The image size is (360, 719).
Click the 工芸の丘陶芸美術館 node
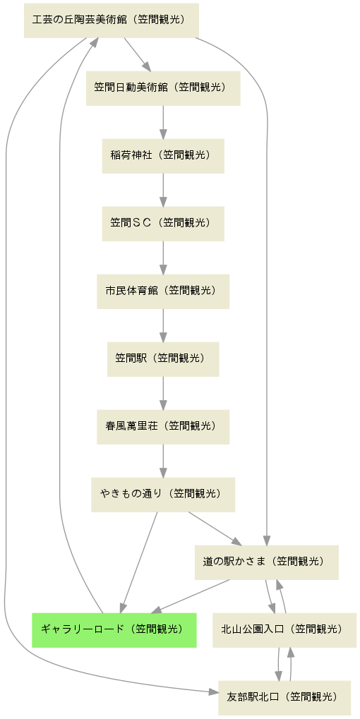pos(112,20)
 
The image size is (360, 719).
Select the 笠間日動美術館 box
pos(163,88)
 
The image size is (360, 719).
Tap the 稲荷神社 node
pos(163,156)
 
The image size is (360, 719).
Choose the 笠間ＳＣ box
pos(163,224)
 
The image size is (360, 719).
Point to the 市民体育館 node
pos(163,291)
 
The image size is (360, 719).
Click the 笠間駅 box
pos(163,359)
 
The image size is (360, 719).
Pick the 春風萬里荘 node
pos(163,427)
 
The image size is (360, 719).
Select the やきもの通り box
pos(163,495)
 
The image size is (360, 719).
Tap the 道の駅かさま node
pos(267,562)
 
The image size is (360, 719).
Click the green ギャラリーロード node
pos(114,630)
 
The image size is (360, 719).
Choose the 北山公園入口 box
pos(284,630)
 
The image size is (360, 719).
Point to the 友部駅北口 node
pos(284,698)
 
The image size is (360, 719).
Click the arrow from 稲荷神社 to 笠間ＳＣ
pos(163,190)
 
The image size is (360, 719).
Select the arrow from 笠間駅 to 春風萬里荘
pos(163,393)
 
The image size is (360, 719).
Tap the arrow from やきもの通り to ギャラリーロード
pos(139,562)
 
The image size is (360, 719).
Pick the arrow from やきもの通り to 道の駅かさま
pos(215,528)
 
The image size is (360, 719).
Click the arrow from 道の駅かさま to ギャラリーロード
pos(191,596)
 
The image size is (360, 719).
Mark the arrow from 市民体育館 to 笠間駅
pos(163,325)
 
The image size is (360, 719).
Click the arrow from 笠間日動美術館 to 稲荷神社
pos(163,122)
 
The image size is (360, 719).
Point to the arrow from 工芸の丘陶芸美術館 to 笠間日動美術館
pos(138,54)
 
